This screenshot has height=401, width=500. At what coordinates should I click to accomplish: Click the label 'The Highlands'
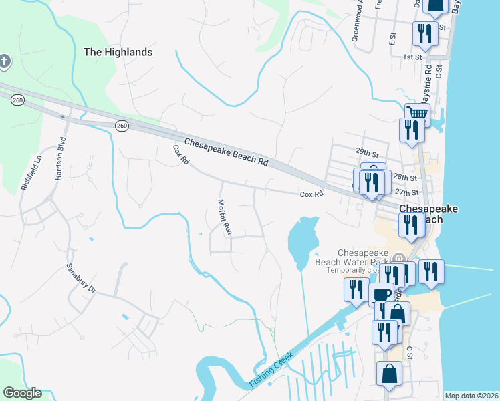pos(118,51)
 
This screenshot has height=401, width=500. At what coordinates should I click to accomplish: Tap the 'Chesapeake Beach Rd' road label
pos(226,152)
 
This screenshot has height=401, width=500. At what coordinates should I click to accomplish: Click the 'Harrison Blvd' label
pos(60,160)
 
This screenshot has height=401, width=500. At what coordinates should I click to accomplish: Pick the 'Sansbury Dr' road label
pos(82,278)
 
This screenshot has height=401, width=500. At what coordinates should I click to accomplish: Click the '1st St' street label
pos(412,57)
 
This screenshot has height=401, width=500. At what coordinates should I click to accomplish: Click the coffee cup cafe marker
pos(381,295)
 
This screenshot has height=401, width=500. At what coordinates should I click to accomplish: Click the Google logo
pos(22,393)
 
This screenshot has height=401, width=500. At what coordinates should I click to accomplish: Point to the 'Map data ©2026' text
pos(472,396)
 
